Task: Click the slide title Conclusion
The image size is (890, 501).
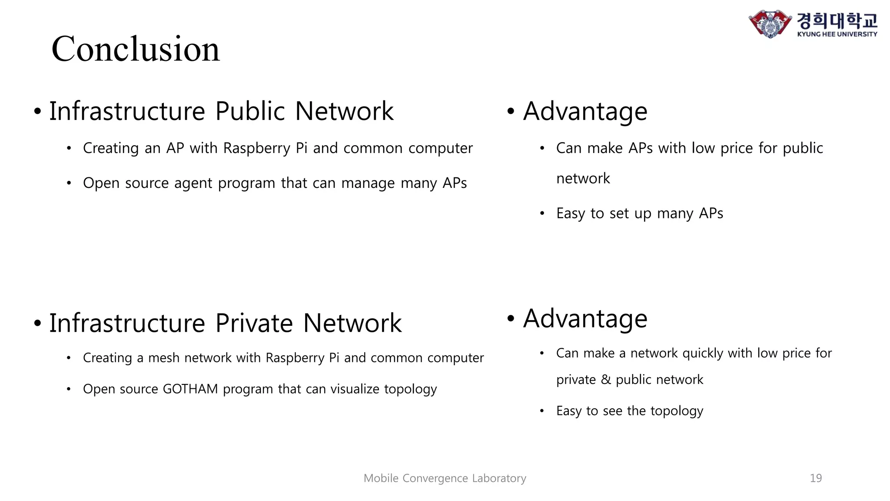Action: (136, 49)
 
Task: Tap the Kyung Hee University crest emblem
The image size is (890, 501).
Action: (770, 23)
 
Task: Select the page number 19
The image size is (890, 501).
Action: (816, 478)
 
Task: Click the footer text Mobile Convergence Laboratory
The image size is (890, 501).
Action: (445, 478)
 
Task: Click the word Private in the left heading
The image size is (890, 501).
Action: (254, 323)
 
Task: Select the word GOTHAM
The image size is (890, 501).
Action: (190, 389)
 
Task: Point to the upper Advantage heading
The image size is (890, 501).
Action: (585, 111)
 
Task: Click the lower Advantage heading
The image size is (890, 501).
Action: (585, 319)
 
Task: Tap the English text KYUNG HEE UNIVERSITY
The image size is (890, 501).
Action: (837, 34)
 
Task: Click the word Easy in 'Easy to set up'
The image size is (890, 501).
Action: (570, 214)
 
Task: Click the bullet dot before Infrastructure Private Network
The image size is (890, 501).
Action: (38, 324)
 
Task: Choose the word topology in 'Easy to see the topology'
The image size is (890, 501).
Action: (677, 411)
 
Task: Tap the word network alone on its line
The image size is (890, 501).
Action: (583, 178)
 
